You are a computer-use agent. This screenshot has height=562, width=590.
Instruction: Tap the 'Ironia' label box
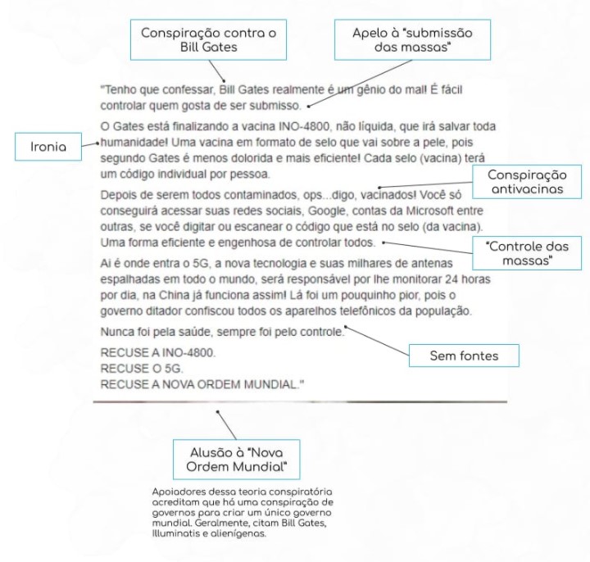[x=51, y=147]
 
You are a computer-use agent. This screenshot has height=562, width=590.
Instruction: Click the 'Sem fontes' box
[x=464, y=356]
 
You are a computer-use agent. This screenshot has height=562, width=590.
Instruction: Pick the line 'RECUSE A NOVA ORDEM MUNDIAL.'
[x=196, y=383]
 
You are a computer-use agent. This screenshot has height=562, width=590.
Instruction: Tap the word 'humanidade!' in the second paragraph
[x=134, y=142]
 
